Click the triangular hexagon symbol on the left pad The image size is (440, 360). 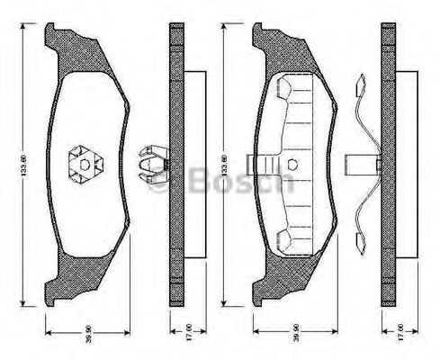pos(85,164)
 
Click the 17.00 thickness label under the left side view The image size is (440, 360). pos(175,330)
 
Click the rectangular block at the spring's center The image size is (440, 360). pos(360,164)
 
